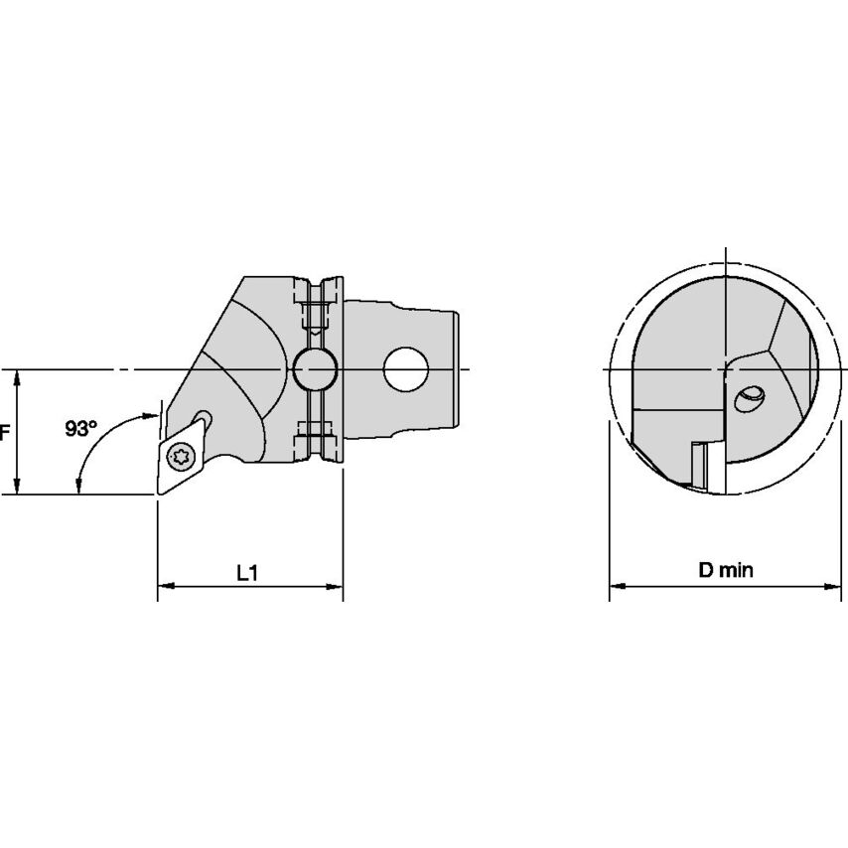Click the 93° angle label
(81, 428)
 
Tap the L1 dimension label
(248, 573)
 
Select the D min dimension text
(726, 570)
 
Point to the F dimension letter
(5, 432)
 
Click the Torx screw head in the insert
(182, 457)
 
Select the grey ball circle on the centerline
(316, 369)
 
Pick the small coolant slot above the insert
(204, 418)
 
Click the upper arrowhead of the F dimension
(17, 376)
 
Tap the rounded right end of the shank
(458, 369)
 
